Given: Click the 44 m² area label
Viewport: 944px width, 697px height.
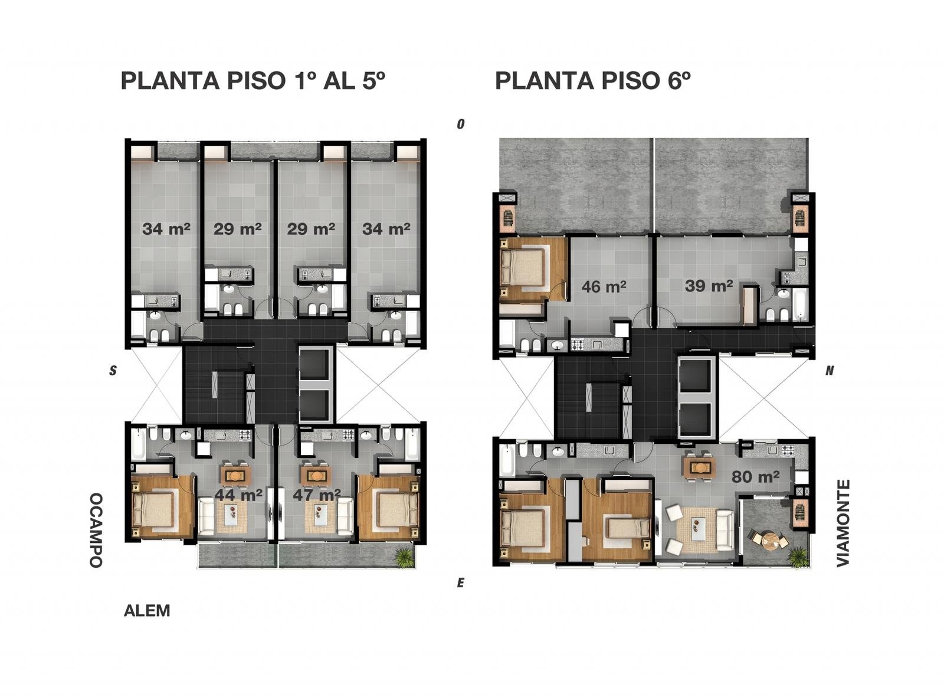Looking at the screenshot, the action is click(238, 495).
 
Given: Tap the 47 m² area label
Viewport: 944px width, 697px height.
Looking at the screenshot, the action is click(317, 495).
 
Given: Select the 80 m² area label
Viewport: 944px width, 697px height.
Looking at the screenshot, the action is click(755, 477).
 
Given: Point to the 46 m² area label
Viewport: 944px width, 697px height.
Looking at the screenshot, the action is click(604, 287).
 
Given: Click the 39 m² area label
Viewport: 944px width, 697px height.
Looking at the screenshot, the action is click(709, 285).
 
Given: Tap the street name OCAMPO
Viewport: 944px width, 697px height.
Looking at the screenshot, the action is click(96, 531).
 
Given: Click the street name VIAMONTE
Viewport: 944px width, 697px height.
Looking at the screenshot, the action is click(843, 523).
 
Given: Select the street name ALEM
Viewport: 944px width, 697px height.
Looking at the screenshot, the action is click(147, 611).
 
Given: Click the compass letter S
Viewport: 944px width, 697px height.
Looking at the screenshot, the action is click(113, 371).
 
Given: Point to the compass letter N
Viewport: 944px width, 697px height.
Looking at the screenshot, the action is click(830, 371).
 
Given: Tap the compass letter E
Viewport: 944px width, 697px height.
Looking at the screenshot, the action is click(461, 583).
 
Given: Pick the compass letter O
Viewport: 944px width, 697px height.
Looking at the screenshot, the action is click(461, 124).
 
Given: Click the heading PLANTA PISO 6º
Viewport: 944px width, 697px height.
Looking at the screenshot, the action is click(592, 80).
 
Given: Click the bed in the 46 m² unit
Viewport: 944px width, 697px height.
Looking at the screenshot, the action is click(523, 269).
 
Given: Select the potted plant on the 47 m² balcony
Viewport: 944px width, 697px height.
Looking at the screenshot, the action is click(404, 557).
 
